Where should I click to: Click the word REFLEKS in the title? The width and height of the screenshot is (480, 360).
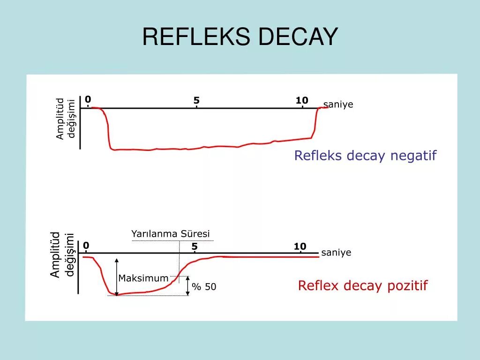[x=196, y=37]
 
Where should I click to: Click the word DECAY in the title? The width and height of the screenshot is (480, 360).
[x=298, y=37]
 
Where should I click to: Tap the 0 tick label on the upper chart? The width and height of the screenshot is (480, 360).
[x=88, y=99]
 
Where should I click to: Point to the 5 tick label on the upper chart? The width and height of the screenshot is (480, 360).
[x=196, y=101]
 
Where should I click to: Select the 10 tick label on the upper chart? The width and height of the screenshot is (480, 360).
[x=302, y=100]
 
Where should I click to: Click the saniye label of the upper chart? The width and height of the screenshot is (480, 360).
[x=338, y=105]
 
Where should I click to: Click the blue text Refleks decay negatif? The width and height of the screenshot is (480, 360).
[x=365, y=156]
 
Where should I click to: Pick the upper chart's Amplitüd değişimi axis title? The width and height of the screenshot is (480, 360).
[x=66, y=119]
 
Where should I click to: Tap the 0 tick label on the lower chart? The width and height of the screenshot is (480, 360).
[x=86, y=246]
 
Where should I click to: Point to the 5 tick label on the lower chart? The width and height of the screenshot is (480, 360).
[x=195, y=247]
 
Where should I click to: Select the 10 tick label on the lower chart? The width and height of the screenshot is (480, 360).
[x=300, y=247]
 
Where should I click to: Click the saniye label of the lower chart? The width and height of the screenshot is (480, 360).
[x=336, y=253]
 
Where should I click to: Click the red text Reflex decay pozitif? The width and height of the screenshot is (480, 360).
[x=363, y=286]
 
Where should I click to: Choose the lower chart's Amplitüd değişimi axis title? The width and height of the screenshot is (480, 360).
[x=62, y=255]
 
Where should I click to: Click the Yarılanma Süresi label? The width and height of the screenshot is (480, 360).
[x=171, y=233]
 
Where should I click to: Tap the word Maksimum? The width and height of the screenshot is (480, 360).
[x=143, y=278]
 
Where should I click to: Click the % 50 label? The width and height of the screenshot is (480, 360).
[x=204, y=287]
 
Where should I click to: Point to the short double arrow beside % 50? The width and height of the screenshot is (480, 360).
[x=188, y=286]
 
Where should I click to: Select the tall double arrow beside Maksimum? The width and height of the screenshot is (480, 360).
[x=117, y=277]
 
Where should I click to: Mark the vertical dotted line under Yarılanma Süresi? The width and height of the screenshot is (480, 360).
[x=180, y=258]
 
